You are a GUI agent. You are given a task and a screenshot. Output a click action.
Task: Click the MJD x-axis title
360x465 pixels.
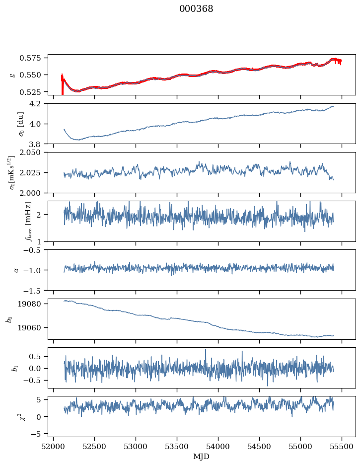(202, 456)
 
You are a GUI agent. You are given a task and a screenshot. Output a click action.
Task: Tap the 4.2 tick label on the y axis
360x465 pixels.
(39, 104)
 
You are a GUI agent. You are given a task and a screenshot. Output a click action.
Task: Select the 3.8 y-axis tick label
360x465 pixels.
(39, 144)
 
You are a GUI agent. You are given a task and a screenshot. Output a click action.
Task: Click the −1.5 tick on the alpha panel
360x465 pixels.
(36, 290)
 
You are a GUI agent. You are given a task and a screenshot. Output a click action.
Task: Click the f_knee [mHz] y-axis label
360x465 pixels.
(14, 222)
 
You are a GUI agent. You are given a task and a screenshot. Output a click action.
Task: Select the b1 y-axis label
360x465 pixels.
(14, 368)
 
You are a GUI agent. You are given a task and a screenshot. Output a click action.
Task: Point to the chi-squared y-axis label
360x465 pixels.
(14, 417)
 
